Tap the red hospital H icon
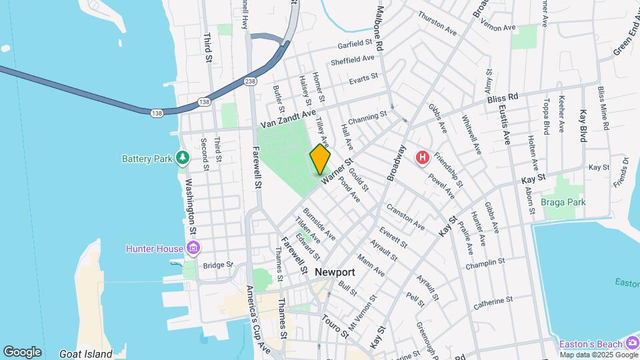point(422,158)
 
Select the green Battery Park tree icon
point(183,158)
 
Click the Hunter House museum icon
point(193,249)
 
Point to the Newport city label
point(335,272)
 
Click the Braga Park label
point(563,202)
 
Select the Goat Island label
point(85,354)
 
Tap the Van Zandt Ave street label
point(287,118)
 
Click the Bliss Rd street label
point(503,97)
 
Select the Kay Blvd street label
point(583,125)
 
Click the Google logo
point(22,351)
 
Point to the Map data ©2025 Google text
point(598,355)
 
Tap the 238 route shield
point(250,81)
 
